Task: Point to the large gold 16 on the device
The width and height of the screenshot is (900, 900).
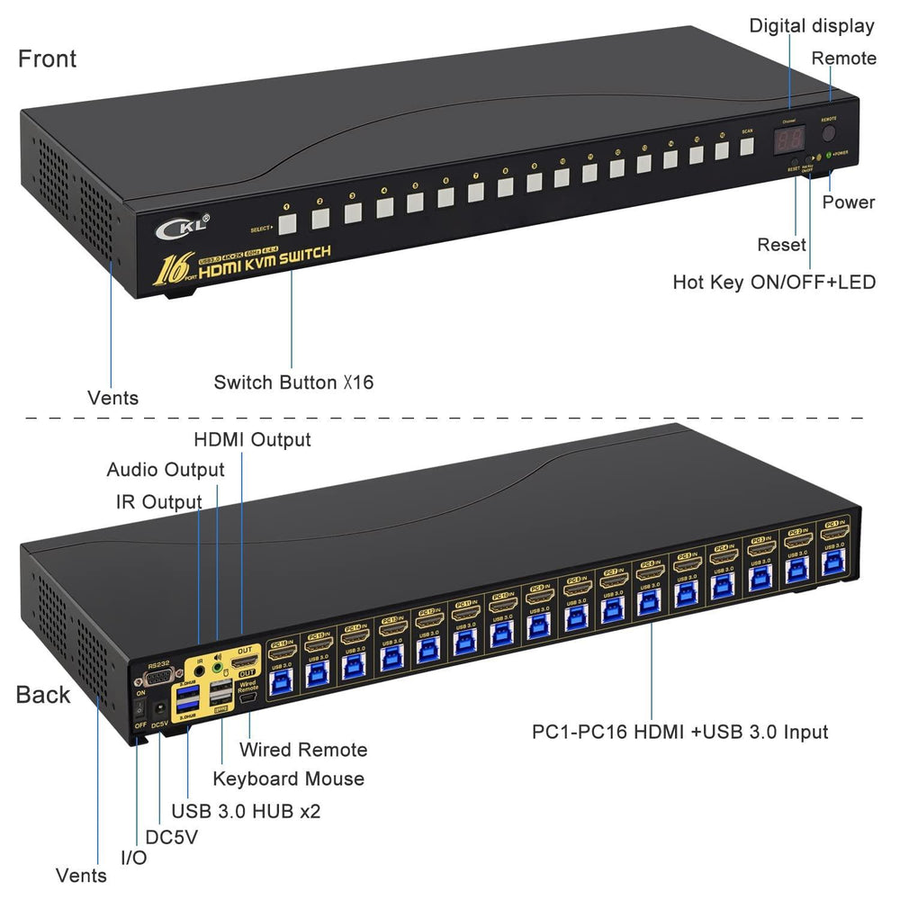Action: (172, 267)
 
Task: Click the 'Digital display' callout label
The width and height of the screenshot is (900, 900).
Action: (812, 26)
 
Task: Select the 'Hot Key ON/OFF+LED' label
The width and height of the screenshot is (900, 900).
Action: (774, 282)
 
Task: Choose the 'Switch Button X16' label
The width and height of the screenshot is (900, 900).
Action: (293, 382)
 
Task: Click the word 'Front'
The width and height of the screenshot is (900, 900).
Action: (48, 59)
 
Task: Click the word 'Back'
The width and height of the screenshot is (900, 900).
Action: (42, 694)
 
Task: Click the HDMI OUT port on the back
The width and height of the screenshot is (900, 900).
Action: (244, 662)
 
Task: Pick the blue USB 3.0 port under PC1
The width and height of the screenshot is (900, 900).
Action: (831, 566)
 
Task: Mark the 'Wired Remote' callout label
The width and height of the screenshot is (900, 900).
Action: (303, 750)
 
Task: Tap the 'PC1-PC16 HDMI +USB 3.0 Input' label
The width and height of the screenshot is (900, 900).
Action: (680, 732)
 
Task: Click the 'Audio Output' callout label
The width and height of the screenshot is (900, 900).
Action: (166, 470)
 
